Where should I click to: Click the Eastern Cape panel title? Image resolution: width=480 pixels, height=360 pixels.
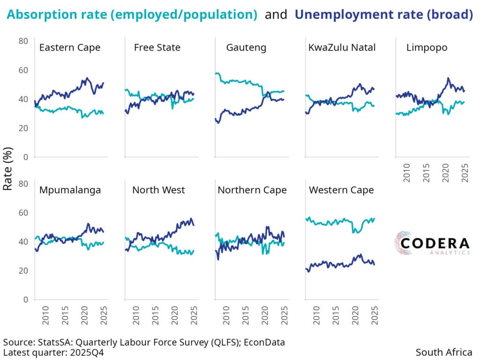(x=70, y=47)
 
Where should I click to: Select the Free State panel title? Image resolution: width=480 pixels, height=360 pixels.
(x=157, y=47)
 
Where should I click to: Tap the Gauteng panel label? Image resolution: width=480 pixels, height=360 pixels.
(x=246, y=47)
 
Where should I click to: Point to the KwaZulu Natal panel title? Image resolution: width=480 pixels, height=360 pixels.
(x=342, y=47)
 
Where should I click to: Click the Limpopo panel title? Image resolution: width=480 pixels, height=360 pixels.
(x=427, y=47)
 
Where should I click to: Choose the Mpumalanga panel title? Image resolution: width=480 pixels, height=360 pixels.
(x=70, y=190)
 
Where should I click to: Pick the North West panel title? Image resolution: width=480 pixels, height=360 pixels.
(x=158, y=190)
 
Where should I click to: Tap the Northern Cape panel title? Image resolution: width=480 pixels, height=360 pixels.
(x=252, y=190)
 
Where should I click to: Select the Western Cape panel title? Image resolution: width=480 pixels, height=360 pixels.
(x=342, y=190)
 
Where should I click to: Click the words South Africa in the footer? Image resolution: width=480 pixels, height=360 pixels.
(x=444, y=352)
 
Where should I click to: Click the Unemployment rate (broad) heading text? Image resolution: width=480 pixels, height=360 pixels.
(x=383, y=15)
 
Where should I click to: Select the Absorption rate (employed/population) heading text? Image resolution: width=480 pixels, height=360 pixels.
(x=132, y=15)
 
